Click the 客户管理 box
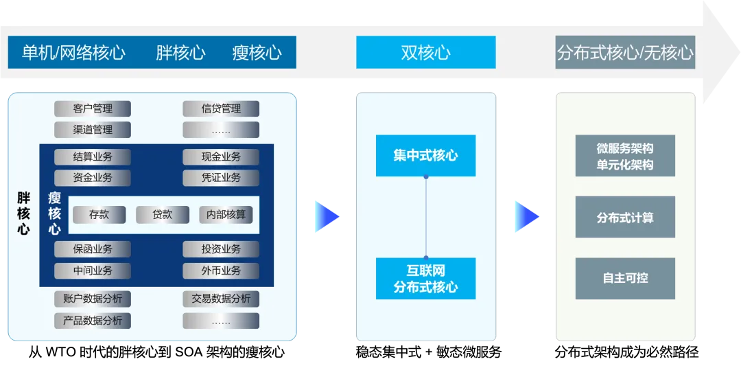point(93,108)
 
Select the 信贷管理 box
point(221,108)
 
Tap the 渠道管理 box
point(93,130)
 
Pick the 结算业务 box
point(93,157)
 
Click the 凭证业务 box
point(221,178)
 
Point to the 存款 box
point(99,215)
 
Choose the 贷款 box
point(163,215)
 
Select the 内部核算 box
point(226,215)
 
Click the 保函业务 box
point(93,249)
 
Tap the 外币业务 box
point(221,271)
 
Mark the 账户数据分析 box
point(93,299)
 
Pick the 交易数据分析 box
point(221,299)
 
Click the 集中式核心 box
point(425,156)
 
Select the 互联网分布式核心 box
point(425,279)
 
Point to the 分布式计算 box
point(625,218)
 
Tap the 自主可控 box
point(625,278)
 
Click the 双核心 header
point(425,53)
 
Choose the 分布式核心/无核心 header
point(625,53)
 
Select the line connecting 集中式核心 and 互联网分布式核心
point(426,217)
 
